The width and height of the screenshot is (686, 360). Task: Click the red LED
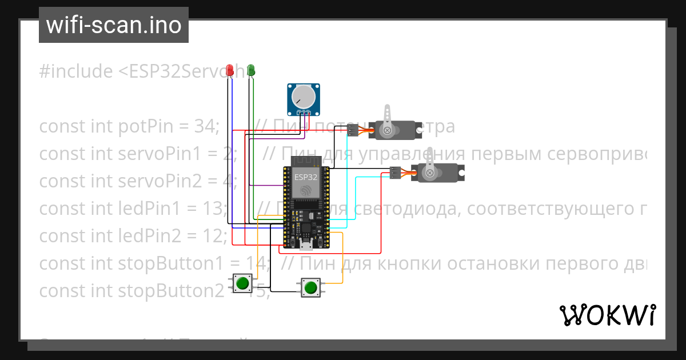click(x=230, y=70)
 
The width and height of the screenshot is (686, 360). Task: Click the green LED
click(x=251, y=70)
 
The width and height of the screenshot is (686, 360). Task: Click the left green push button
click(x=242, y=282)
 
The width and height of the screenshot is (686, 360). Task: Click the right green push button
click(x=310, y=287)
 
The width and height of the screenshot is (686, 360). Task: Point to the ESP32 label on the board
click(x=306, y=177)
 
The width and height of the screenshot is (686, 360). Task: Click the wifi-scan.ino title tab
click(x=114, y=25)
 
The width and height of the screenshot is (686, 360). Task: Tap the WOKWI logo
click(x=607, y=315)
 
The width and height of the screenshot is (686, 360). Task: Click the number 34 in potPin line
click(x=203, y=126)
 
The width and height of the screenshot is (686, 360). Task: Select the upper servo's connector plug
click(x=352, y=130)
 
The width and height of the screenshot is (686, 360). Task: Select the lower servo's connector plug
click(x=394, y=172)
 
